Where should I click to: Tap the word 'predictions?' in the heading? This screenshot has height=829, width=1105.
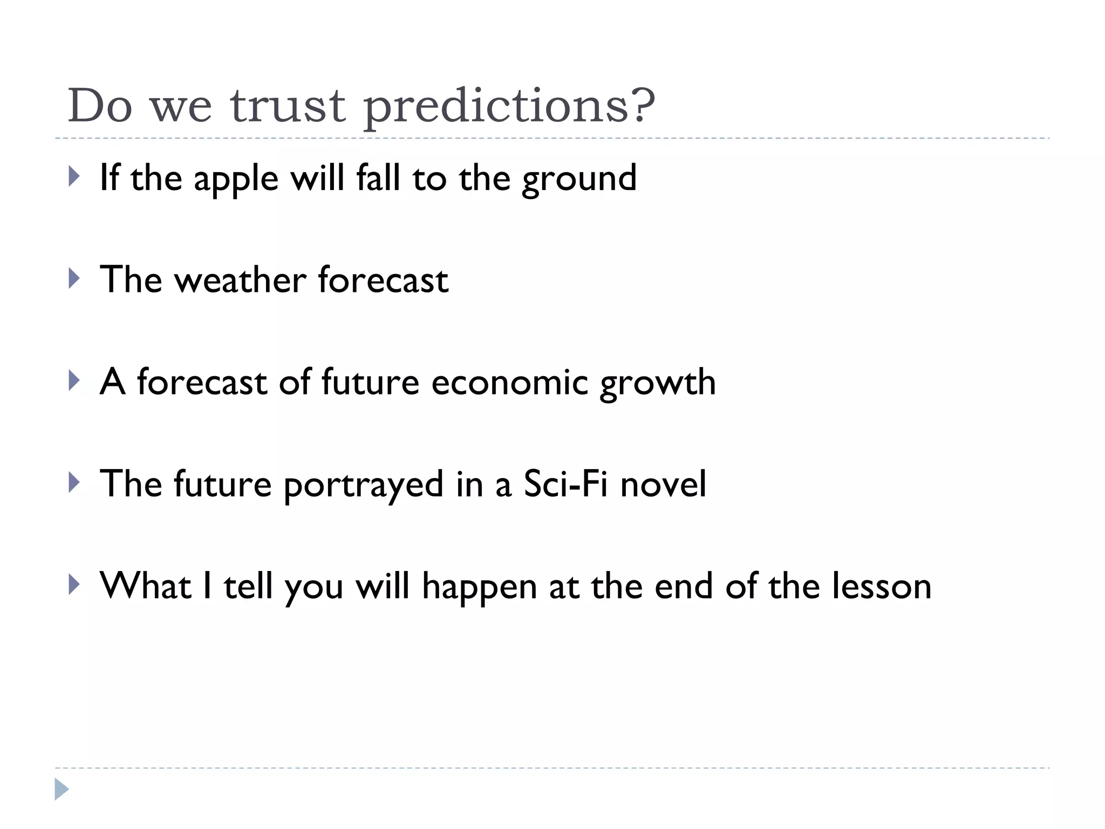pos(509,106)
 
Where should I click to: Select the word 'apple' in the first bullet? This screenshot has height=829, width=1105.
pos(236,180)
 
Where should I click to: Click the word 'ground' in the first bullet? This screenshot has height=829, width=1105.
pos(579,180)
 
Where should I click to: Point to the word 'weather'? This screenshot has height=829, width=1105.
pos(240,280)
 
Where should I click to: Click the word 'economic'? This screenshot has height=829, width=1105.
pos(509,383)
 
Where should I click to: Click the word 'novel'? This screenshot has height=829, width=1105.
pos(663,484)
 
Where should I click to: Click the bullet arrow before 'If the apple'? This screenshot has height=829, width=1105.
pos(74,176)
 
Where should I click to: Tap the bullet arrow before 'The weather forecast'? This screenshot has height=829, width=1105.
pos(74,278)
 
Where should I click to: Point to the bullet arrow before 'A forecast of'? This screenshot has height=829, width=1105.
pos(74,380)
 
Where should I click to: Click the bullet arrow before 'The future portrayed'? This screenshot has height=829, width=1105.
pos(74,483)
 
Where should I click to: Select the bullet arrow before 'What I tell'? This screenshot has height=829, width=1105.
pos(74,585)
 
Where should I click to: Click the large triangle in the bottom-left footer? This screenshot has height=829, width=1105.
pos(62,789)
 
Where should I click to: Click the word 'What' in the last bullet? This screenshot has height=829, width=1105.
pos(146,587)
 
